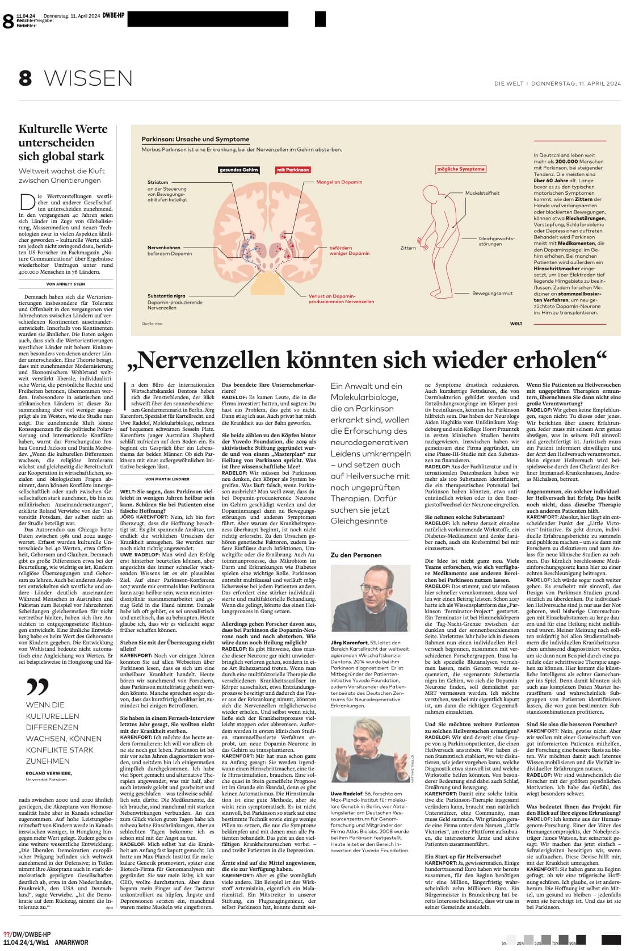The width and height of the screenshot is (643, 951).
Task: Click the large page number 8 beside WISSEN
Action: (25, 78)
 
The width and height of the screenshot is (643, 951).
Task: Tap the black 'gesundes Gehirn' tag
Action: (239, 169)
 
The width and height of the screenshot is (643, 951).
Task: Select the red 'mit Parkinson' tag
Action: (293, 169)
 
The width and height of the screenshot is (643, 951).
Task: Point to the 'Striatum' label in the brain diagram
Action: (158, 182)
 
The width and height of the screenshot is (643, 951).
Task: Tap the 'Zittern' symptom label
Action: (407, 248)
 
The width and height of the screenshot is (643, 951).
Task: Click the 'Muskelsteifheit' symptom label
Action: (482, 193)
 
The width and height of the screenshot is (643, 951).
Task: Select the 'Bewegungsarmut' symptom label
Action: (492, 293)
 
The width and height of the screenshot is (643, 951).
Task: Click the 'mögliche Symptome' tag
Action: (461, 169)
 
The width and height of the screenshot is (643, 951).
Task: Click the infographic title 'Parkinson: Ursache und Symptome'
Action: (195, 139)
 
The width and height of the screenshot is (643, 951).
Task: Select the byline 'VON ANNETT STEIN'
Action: (66, 284)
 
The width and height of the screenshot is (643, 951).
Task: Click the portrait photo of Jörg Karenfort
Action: (370, 598)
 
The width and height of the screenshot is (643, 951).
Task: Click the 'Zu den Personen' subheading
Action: (356, 555)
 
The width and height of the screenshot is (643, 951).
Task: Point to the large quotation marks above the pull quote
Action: (37, 688)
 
